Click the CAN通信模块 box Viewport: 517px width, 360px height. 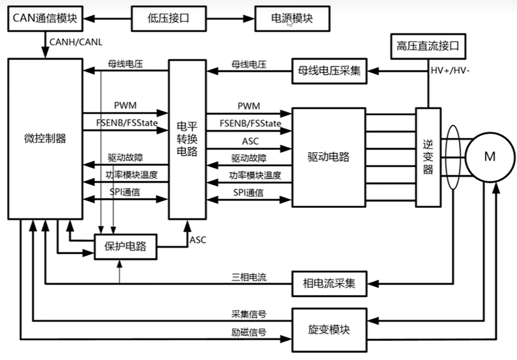point(44,19)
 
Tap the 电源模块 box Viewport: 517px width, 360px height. point(293,19)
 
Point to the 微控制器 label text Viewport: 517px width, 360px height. point(45,138)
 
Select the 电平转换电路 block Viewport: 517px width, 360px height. point(186,138)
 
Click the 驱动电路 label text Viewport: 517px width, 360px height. point(329,157)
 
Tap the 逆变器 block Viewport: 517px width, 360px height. point(427,156)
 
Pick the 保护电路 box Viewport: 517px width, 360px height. point(126,247)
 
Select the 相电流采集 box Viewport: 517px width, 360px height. point(329,283)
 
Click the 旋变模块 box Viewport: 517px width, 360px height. point(329,330)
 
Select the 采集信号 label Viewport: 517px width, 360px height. point(247,315)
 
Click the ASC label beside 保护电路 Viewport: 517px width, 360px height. point(197,240)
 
